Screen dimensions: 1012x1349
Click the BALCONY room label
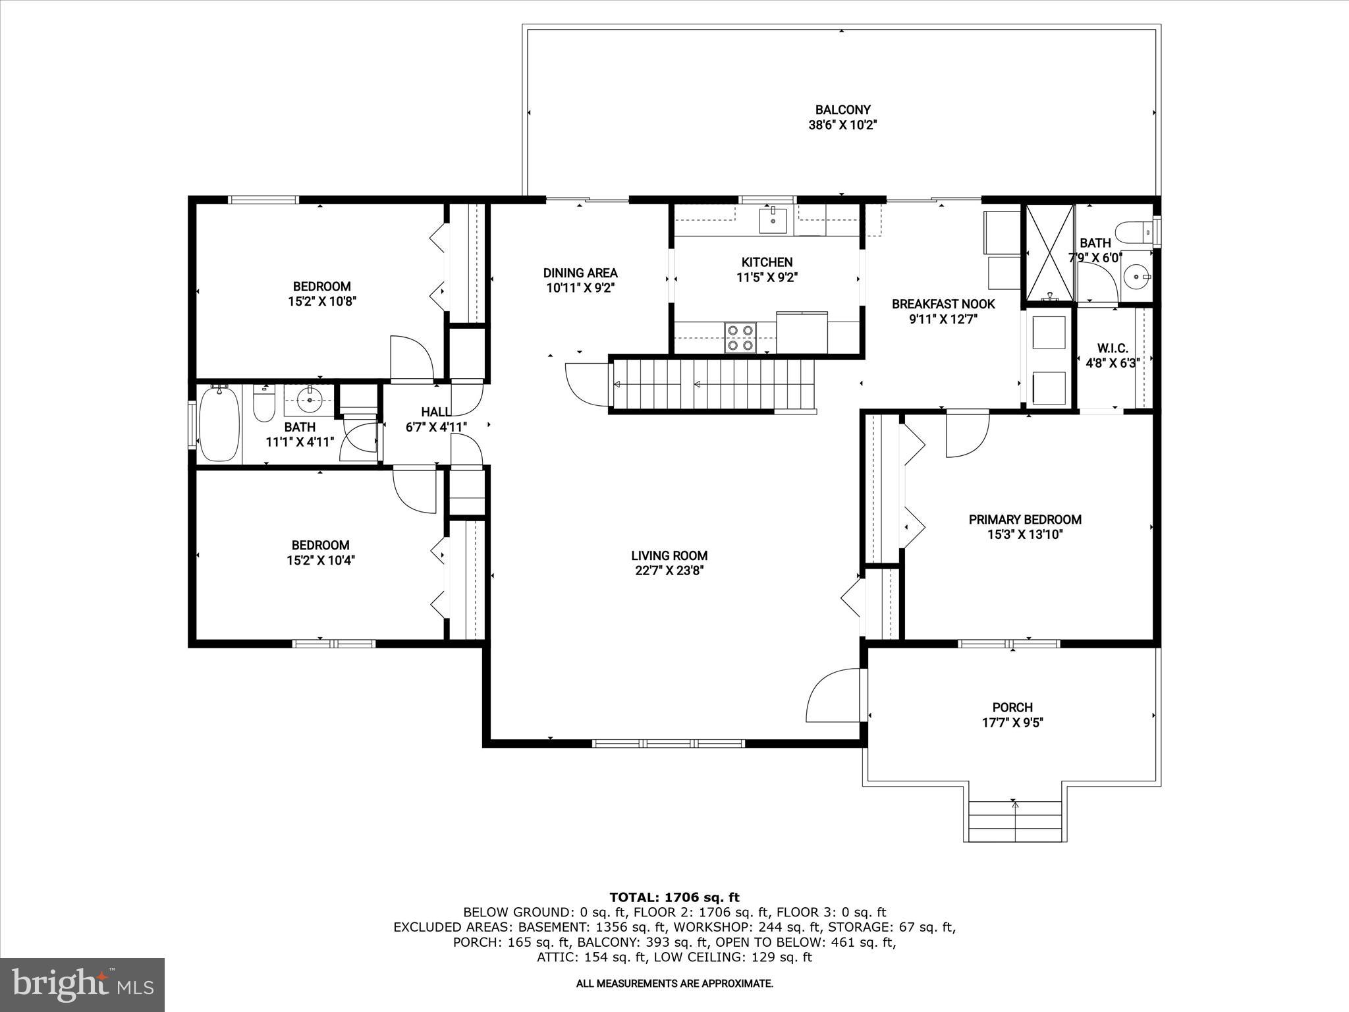tap(842, 110)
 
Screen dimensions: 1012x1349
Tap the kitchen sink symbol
tap(773, 220)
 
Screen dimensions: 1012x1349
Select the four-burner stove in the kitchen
tap(740, 337)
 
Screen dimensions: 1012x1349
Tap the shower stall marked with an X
tap(1048, 254)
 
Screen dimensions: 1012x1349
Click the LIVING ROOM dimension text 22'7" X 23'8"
tap(669, 571)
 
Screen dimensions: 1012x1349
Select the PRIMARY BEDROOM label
tap(1025, 519)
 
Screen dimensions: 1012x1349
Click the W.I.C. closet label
tap(1113, 348)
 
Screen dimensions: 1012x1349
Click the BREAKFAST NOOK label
tap(943, 304)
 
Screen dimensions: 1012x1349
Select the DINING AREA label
tap(580, 273)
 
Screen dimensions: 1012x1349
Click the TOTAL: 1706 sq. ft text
tap(674, 897)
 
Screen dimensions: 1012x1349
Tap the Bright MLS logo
tap(82, 984)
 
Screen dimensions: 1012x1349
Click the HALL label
tap(435, 412)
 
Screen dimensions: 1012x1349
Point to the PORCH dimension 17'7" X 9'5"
tap(1012, 723)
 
